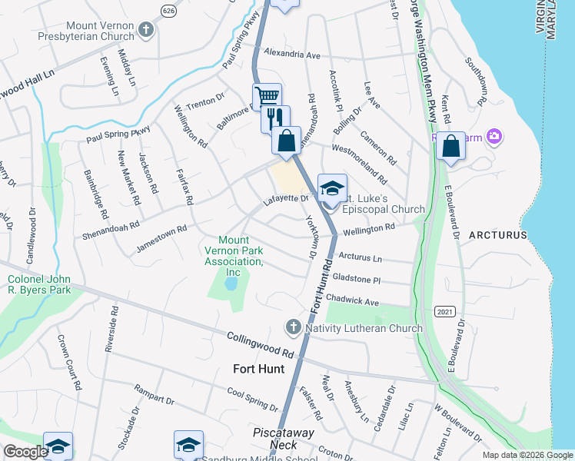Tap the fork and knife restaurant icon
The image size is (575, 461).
(275, 118)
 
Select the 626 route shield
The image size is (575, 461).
(168, 9)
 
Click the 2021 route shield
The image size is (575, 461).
(444, 311)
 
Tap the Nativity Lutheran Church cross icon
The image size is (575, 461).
(293, 328)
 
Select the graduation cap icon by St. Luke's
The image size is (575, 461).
(332, 188)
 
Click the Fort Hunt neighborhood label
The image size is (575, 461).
(258, 369)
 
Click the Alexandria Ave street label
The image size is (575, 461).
(291, 55)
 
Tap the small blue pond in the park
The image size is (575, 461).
(230, 284)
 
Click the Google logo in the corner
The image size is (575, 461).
(26, 452)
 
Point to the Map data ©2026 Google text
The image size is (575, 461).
(527, 455)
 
